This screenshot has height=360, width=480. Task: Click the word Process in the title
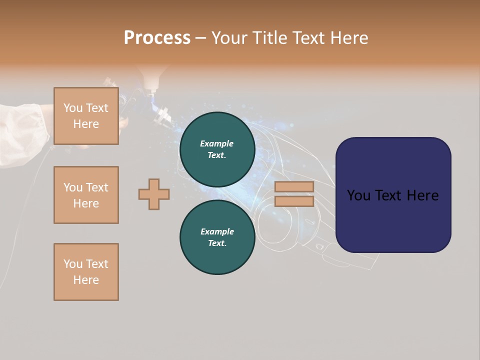pyautogui.click(x=157, y=38)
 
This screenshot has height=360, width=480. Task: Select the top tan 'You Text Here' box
pyautogui.click(x=86, y=116)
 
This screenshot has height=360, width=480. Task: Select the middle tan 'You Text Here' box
pyautogui.click(x=86, y=195)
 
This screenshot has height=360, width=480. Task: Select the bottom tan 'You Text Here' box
pyautogui.click(x=86, y=272)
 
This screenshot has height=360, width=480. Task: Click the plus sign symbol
pyautogui.click(x=153, y=194)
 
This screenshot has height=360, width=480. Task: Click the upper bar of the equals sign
pyautogui.click(x=294, y=187)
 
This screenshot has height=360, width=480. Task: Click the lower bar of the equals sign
pyautogui.click(x=294, y=201)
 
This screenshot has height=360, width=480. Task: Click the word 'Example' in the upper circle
pyautogui.click(x=217, y=143)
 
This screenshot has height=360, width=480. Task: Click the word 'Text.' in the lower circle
pyautogui.click(x=217, y=243)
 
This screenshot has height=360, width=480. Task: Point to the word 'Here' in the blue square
pyautogui.click(x=422, y=195)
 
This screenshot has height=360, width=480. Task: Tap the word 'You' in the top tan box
pyautogui.click(x=73, y=108)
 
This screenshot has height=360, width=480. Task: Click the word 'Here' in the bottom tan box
pyautogui.click(x=86, y=280)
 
